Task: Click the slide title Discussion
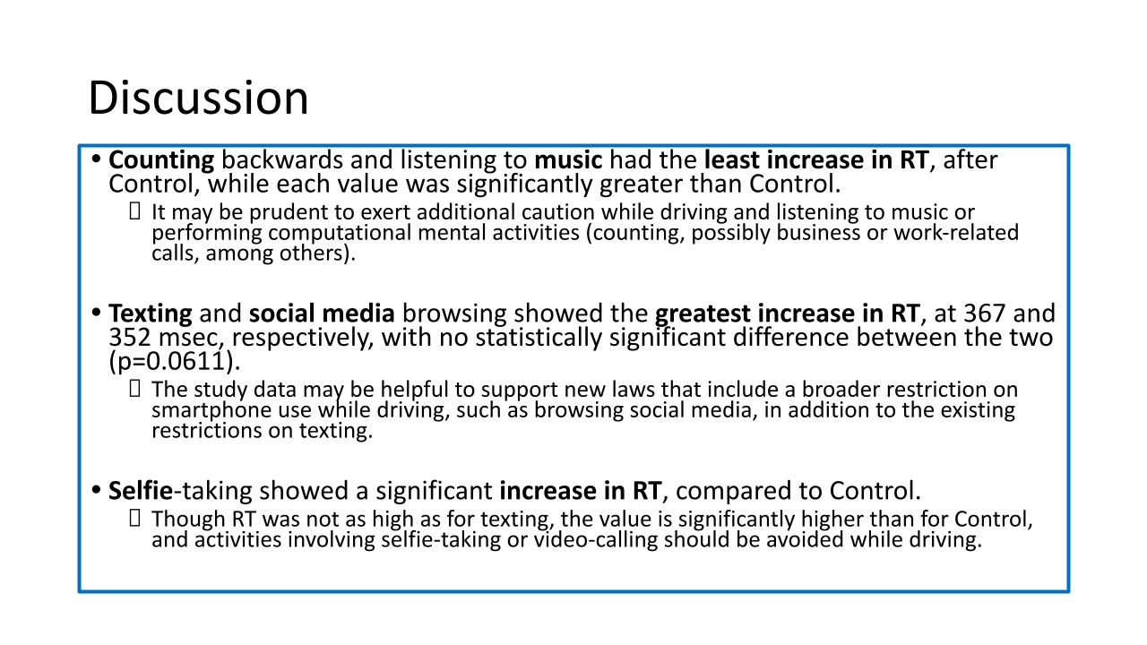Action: [198, 98]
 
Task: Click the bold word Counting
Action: [161, 160]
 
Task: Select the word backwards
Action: [282, 159]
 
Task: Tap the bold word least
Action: [732, 159]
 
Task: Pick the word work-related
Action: [956, 232]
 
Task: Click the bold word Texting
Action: [151, 314]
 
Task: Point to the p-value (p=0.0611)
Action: [175, 361]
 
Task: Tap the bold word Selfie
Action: [141, 490]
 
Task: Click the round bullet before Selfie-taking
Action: [96, 490]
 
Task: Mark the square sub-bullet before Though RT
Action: [134, 518]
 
